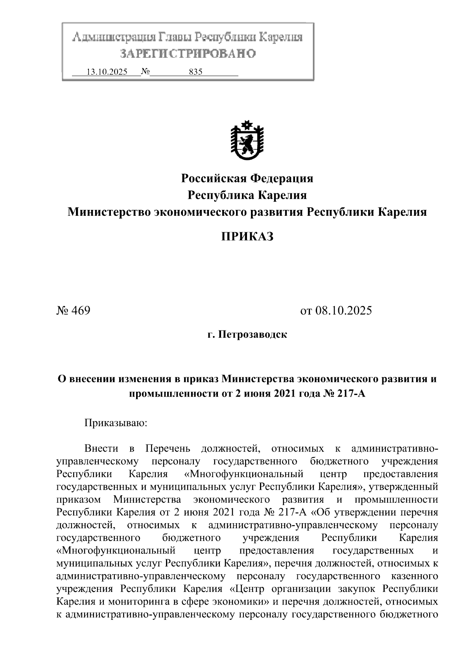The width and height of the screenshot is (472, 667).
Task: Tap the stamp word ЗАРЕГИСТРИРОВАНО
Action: (x=188, y=53)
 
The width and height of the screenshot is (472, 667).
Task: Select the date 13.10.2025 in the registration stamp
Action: (x=107, y=72)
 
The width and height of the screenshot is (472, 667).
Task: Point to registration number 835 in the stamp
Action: (x=195, y=72)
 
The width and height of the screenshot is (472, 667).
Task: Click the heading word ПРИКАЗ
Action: (x=247, y=237)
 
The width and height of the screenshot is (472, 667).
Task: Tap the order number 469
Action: (x=81, y=311)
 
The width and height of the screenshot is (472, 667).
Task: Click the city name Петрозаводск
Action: (x=253, y=335)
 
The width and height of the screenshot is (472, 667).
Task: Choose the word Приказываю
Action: (x=116, y=423)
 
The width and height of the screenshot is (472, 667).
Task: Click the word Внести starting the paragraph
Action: (x=101, y=448)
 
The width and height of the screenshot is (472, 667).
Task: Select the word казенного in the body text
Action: (x=415, y=576)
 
